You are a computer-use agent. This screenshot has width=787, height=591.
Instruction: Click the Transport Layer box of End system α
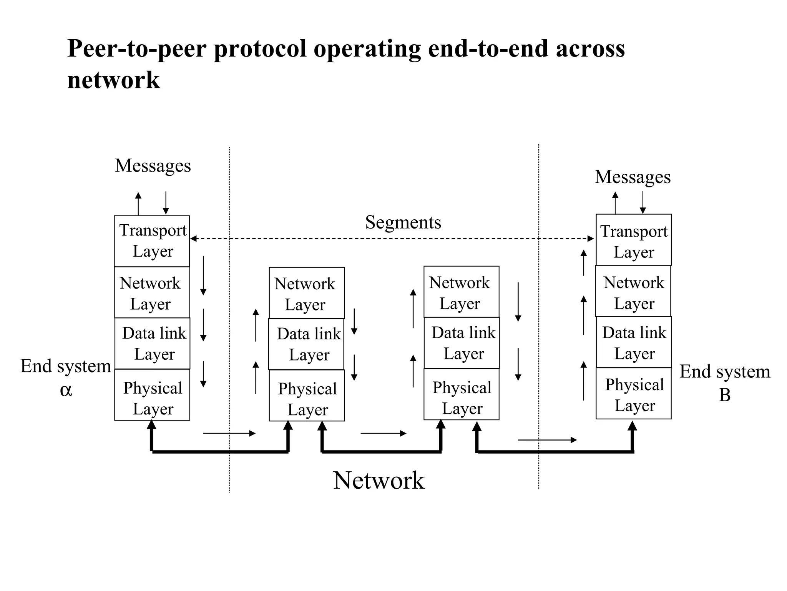[152, 241]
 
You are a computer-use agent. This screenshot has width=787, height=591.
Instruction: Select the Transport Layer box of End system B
[633, 240]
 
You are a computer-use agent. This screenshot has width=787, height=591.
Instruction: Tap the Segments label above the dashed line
[403, 222]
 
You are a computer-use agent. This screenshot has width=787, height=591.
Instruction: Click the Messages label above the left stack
[153, 166]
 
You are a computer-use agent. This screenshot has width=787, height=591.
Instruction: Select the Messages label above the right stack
[633, 177]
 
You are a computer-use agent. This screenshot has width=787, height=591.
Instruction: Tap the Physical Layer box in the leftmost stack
[152, 395]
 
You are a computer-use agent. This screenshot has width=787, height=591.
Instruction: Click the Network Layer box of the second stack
[307, 293]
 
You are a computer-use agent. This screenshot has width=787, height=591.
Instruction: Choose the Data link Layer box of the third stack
[462, 343]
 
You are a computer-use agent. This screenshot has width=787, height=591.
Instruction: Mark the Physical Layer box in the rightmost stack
[633, 393]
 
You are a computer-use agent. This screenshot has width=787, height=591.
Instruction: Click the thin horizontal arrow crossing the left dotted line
[229, 434]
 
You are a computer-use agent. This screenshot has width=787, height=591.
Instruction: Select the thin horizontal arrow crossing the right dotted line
[547, 440]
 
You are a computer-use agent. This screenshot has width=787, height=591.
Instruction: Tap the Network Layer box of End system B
[633, 291]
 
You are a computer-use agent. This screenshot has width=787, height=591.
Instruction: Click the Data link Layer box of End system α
[152, 343]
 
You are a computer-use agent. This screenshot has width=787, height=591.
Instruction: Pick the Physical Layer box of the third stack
[462, 394]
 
